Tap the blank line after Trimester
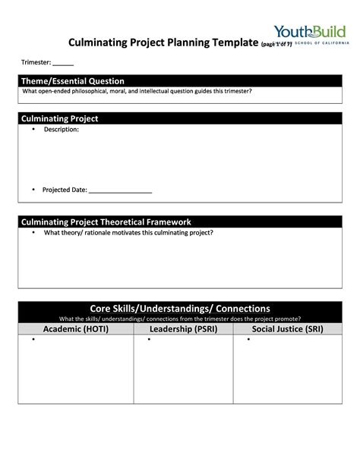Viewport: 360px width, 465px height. tap(63, 63)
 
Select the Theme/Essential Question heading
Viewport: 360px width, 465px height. tap(73, 81)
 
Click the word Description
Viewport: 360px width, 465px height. tap(61, 130)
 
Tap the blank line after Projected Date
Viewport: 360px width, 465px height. tap(121, 190)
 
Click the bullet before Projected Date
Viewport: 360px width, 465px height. tap(33, 189)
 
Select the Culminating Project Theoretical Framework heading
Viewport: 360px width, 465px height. tap(117, 222)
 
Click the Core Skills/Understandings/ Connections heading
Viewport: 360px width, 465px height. tap(180, 309)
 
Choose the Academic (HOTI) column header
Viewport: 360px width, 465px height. tap(75, 329)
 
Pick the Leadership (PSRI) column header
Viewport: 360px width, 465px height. tap(183, 329)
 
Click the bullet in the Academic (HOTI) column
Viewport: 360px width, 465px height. tap(33, 340)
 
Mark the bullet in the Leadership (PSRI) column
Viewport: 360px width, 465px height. tap(149, 340)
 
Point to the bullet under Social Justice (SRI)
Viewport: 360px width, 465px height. tap(248, 340)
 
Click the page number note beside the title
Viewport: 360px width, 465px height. tap(276, 45)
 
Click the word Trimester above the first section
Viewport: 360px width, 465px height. tap(35, 63)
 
